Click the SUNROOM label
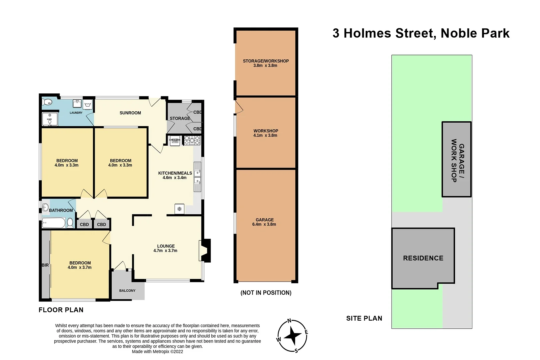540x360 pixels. [x=130, y=113]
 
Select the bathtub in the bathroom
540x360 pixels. [x=54, y=223]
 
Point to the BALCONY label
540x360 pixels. [x=127, y=291]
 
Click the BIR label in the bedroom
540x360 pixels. [x=45, y=265]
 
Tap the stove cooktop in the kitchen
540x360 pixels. [x=192, y=140]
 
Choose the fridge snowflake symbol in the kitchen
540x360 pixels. [x=179, y=209]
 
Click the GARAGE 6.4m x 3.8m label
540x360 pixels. [x=264, y=222]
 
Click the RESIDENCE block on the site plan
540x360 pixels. [x=423, y=258]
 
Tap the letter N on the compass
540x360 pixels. [x=289, y=321]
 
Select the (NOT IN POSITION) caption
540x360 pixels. [x=266, y=293]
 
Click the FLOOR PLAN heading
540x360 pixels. [x=61, y=310]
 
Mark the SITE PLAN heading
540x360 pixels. [x=364, y=318]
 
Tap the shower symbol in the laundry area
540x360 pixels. [x=50, y=119]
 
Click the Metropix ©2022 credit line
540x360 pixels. [x=157, y=351]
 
